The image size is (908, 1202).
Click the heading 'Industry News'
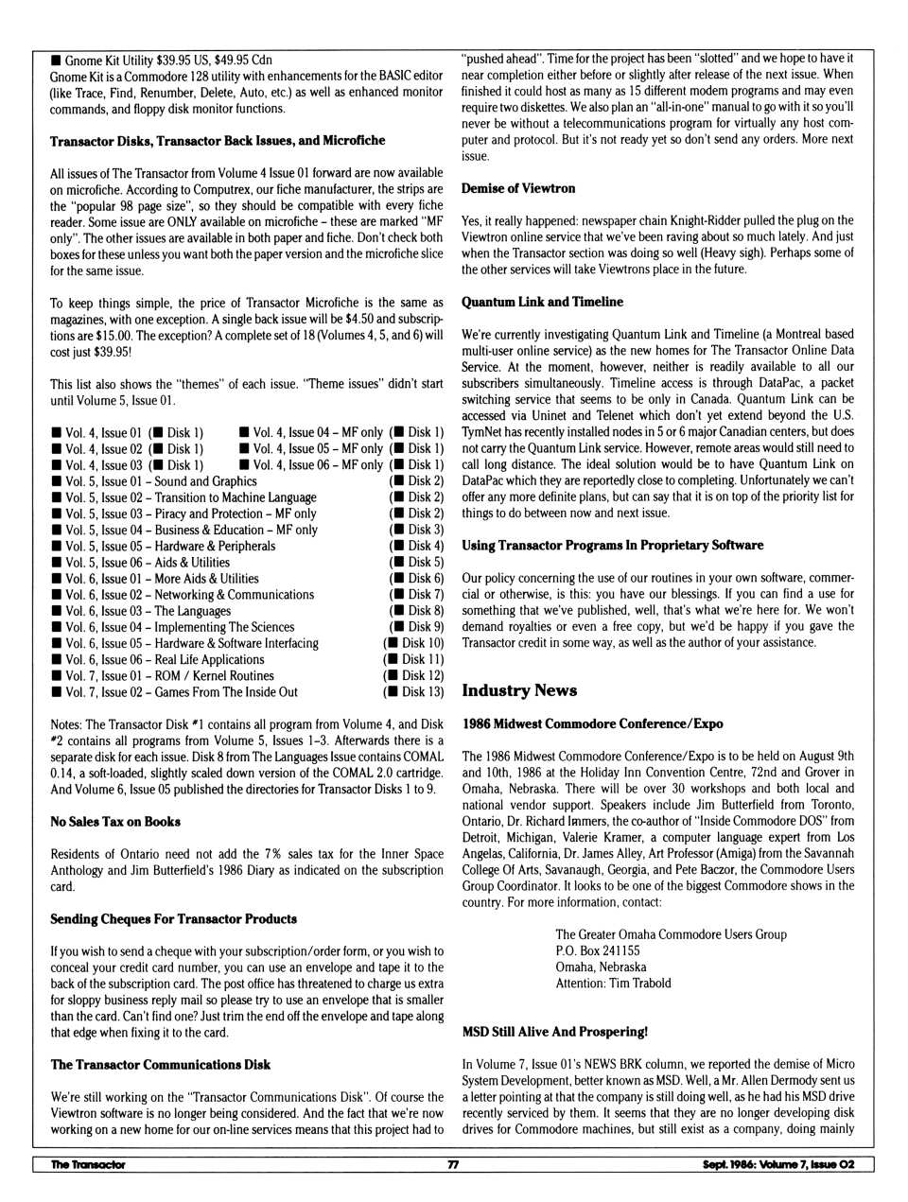[518, 690]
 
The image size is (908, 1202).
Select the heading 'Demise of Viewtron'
[517, 188]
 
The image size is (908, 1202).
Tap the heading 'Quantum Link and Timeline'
[542, 302]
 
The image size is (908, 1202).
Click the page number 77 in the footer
[453, 1165]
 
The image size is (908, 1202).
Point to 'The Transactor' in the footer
[88, 1165]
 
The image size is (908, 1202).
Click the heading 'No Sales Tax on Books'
[114, 822]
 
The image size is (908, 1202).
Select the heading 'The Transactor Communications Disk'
[160, 1065]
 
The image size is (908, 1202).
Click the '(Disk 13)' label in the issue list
[413, 692]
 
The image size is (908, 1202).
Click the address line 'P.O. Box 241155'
[597, 950]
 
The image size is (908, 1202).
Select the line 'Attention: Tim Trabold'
[613, 984]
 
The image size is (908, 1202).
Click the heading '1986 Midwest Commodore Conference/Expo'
[592, 723]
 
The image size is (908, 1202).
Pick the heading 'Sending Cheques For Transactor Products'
[173, 919]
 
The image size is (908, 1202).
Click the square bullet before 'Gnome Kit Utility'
[56, 61]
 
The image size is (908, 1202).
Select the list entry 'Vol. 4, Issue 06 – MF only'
[311, 465]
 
